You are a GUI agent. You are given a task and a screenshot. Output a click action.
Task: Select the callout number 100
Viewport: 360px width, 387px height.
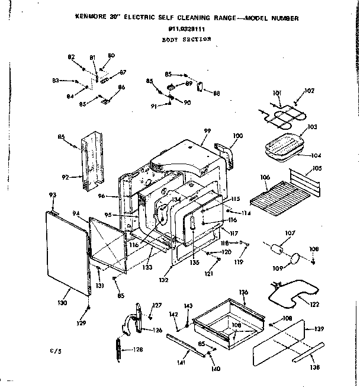click(x=237, y=137)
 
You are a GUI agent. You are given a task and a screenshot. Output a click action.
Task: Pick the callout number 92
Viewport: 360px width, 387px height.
click(x=66, y=176)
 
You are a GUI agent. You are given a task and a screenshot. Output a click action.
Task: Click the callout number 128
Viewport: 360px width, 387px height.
click(x=137, y=350)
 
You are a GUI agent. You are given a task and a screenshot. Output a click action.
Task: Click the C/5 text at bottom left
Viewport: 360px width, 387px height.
click(x=55, y=352)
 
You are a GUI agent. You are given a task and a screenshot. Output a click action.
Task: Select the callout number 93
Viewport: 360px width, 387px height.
click(x=52, y=196)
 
